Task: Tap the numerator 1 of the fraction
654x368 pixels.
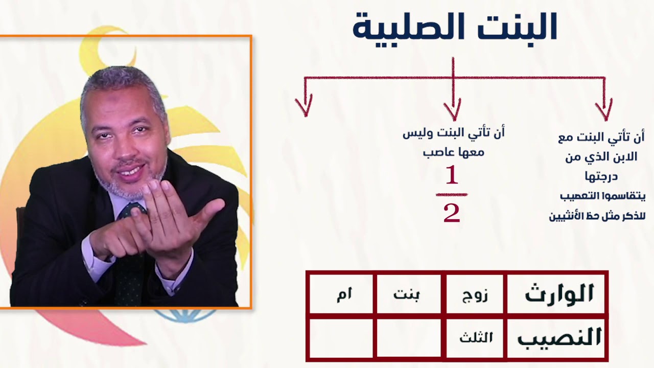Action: pos(452,176)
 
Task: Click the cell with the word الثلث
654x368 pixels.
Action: pos(476,338)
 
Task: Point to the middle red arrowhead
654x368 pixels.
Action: pos(453,110)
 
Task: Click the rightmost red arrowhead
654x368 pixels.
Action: pos(604,110)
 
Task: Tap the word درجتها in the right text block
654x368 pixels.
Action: pos(601,176)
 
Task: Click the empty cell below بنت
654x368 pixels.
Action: pos(408,338)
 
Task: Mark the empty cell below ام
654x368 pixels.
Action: pos(341,338)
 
